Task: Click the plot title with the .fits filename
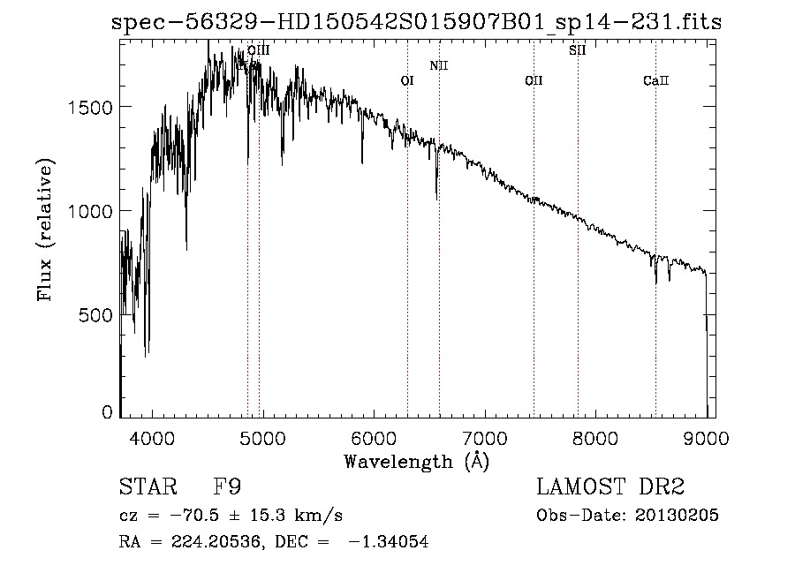tap(416, 22)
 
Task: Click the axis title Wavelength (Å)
tap(416, 461)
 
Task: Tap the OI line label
tap(407, 81)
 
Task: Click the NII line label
tap(439, 65)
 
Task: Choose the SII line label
tap(578, 50)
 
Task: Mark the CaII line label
tap(656, 81)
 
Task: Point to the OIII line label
tap(258, 50)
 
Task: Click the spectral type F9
tap(229, 487)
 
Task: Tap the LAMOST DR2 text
tap(610, 487)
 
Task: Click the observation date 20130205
tap(670, 516)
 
